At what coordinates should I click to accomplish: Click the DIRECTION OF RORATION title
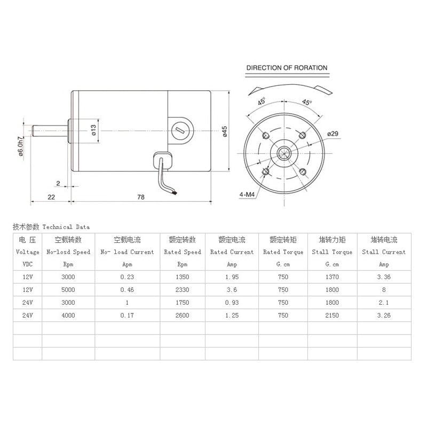(287, 68)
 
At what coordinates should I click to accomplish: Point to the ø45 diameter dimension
(225, 132)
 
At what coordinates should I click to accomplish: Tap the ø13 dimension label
(93, 130)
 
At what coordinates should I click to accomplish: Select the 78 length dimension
(141, 196)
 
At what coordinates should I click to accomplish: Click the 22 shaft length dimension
(51, 196)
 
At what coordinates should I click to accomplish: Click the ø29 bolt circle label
(332, 133)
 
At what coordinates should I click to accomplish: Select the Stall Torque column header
(332, 252)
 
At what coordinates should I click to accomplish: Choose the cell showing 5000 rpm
(68, 290)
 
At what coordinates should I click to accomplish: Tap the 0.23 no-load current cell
(126, 277)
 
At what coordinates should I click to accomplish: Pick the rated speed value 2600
(181, 315)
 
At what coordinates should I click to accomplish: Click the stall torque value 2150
(332, 315)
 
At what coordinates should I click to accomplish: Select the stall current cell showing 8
(384, 290)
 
